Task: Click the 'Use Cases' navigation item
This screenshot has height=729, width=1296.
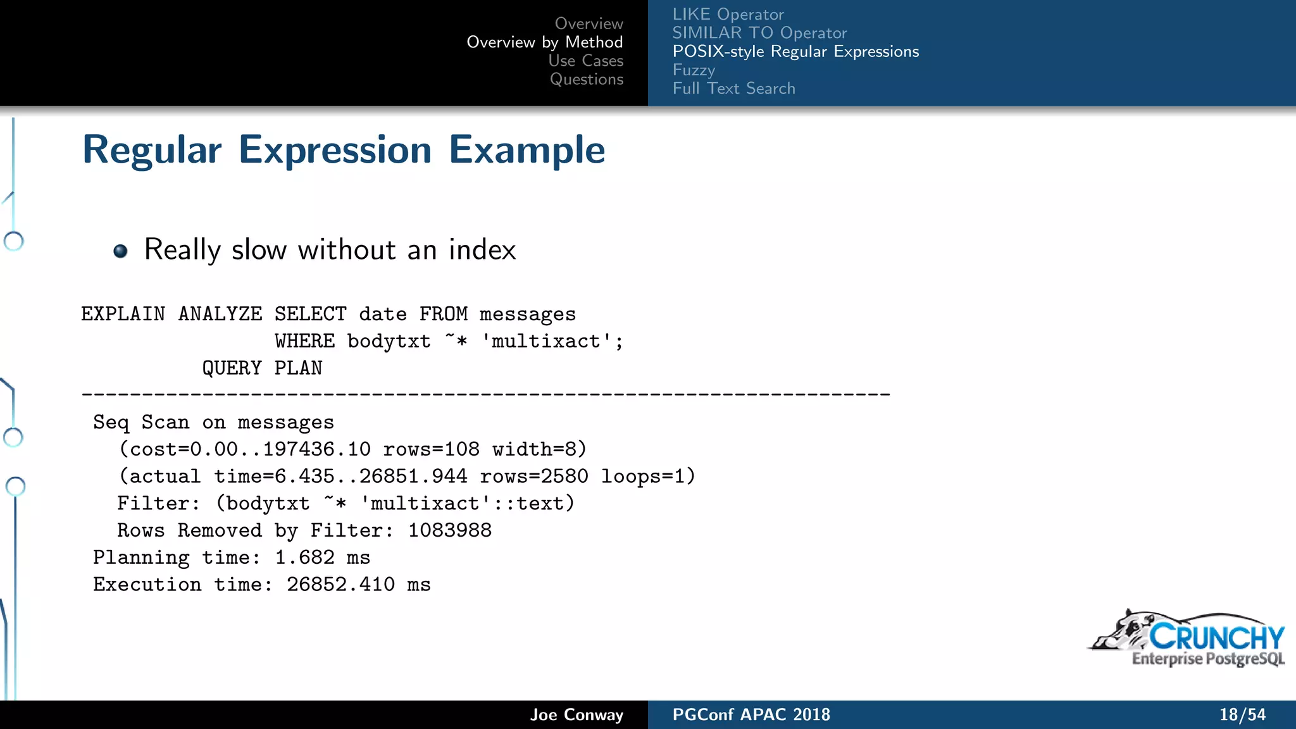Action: (585, 61)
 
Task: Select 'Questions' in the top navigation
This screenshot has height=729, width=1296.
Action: (586, 79)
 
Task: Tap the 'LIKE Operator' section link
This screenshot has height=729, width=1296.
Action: (728, 15)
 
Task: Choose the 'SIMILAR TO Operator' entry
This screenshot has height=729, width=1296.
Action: (759, 33)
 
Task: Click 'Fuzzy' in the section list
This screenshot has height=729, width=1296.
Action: (694, 70)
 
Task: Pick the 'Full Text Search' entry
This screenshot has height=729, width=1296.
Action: (733, 89)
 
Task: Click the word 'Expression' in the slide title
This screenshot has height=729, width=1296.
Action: (335, 151)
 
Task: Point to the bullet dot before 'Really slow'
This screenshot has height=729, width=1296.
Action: (120, 251)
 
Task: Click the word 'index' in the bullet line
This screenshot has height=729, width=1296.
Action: (482, 250)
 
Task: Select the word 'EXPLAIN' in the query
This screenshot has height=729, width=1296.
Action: (123, 314)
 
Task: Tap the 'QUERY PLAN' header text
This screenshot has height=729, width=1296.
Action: (262, 368)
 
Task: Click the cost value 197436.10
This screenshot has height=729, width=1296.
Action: (316, 449)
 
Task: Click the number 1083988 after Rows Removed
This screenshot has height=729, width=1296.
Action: (449, 530)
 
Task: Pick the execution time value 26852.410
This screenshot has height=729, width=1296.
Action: (340, 585)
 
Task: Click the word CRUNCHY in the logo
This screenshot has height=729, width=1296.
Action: (1216, 637)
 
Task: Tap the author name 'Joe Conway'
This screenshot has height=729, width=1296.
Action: (576, 715)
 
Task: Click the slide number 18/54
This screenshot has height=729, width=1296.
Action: (1242, 715)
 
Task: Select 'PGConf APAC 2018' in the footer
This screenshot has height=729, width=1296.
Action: (751, 715)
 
